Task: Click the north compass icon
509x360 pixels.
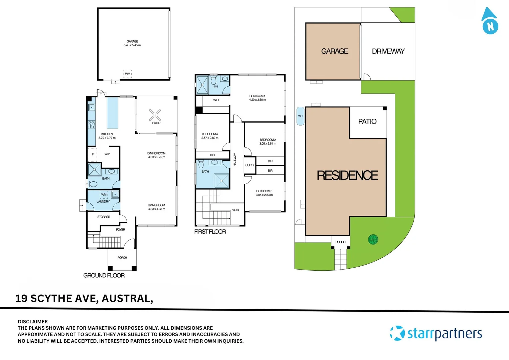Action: coord(490,22)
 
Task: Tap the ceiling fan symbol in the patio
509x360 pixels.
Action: coord(155,115)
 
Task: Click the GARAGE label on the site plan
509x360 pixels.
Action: coord(334,51)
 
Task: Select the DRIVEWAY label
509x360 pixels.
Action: coord(388,51)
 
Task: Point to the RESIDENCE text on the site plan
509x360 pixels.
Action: coord(347,175)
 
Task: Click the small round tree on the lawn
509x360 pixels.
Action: coord(373,239)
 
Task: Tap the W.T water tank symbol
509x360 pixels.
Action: coord(300,116)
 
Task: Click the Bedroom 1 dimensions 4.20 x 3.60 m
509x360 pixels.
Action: coord(257,100)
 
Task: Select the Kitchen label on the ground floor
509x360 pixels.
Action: coord(107,134)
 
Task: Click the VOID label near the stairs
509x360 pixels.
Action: coord(236,210)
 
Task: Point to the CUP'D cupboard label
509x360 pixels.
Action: coord(250,165)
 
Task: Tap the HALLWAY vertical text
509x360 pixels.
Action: coord(235,160)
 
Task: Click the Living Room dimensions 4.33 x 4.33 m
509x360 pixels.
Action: coord(157,209)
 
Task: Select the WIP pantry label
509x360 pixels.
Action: coord(107,154)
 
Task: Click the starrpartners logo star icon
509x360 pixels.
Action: coord(397,333)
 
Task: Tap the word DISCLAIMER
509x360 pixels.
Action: coord(33,322)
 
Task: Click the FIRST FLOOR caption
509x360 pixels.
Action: coord(210,232)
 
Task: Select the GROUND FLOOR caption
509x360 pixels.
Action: coord(104,275)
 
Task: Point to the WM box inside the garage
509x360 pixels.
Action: coord(128,74)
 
